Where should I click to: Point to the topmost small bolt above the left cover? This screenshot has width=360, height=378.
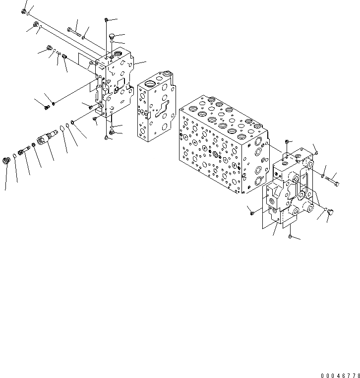pos(107,20)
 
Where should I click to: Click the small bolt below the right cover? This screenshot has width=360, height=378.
pos(289,238)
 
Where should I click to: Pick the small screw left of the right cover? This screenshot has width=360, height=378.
pos(252,213)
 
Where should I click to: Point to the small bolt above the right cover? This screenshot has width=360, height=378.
pos(316,152)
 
